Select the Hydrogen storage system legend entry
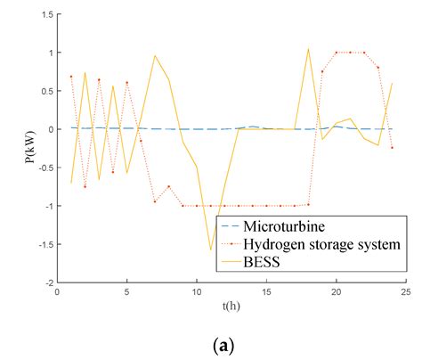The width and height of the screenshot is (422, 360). click(321, 243)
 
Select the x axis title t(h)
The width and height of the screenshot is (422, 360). click(231, 306)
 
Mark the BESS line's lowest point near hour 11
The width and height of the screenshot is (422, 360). click(211, 250)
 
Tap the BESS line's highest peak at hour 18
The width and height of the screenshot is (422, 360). click(308, 49)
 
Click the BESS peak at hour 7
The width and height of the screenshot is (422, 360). click(155, 55)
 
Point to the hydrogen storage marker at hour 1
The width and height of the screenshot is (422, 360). click(71, 77)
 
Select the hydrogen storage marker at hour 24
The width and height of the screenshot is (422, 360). click(392, 147)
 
